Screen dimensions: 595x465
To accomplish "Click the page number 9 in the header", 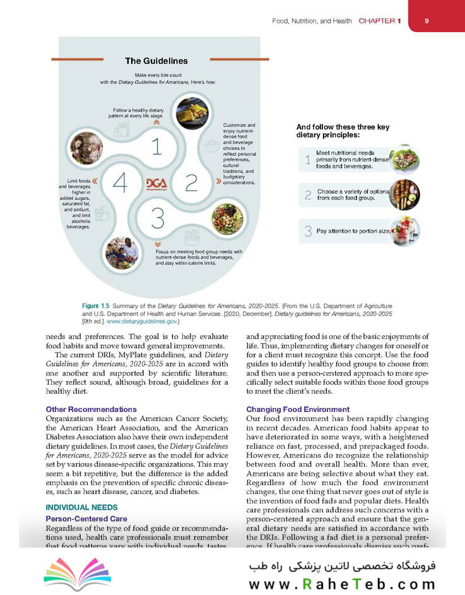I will pos(427,21).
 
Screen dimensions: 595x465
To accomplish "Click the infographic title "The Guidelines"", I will pos(156,61).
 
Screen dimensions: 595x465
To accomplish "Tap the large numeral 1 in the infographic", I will pos(156,146).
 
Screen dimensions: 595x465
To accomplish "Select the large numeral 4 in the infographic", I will pos(120,183).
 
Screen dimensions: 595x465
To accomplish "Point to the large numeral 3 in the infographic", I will pos(158,219).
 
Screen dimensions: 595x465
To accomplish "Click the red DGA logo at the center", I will pos(156,182).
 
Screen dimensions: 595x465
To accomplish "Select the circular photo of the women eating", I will pos(85,148).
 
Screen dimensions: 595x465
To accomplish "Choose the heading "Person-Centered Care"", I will pos(86,519).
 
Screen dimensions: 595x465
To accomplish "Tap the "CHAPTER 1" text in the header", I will pos(380,21).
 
